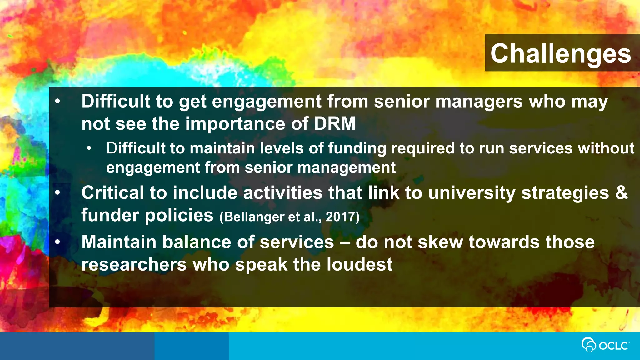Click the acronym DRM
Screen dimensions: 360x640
(x=335, y=123)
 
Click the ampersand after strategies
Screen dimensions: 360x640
(x=622, y=192)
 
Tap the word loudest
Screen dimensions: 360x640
(x=359, y=264)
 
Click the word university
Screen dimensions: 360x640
(x=472, y=192)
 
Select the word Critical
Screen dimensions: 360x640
(x=112, y=192)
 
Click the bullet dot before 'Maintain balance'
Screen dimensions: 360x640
(x=57, y=242)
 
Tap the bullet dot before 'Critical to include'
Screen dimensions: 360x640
(x=57, y=193)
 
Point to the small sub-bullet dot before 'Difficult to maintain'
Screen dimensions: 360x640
(x=89, y=148)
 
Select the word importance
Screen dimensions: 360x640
(x=235, y=123)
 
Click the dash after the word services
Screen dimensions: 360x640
(x=345, y=242)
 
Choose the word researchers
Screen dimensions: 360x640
(x=134, y=264)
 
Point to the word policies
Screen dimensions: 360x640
(x=179, y=215)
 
